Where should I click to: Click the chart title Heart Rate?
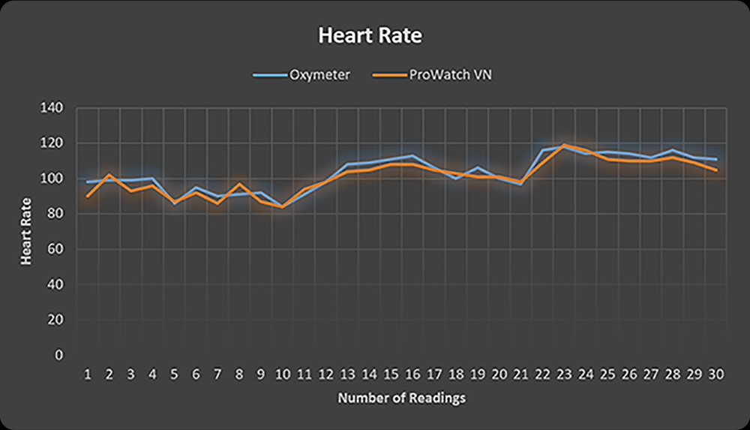point(370,36)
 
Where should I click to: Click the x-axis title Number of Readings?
point(401,398)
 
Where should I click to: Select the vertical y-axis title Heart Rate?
point(27,230)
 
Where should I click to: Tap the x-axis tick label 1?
point(88,374)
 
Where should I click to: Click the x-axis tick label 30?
point(715,374)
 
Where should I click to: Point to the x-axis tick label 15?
point(391,374)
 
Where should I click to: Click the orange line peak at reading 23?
point(564,145)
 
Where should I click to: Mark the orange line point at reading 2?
point(109,175)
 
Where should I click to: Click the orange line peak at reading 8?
point(239,184)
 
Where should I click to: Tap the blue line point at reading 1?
point(88,182)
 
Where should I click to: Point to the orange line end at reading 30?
point(715,170)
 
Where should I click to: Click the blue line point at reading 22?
point(542,150)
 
